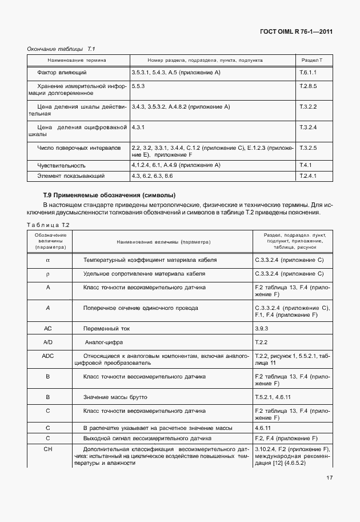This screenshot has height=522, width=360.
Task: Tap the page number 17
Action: point(330,477)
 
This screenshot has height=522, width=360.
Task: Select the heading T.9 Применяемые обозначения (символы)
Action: point(109,196)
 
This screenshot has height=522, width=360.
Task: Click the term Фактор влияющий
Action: point(62,73)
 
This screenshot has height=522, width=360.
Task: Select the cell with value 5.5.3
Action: point(138,85)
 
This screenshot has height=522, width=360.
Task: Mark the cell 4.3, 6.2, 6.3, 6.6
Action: point(151,176)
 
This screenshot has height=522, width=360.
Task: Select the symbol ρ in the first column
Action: point(48,273)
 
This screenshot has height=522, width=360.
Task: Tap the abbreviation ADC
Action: point(48,356)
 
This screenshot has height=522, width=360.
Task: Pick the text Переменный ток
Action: point(106,329)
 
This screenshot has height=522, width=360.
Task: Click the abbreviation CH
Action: point(48,449)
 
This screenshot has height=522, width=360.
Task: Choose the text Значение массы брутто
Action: point(115,396)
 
